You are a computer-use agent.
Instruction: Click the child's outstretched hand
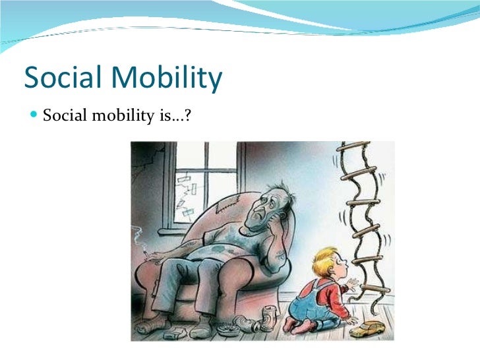355,285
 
